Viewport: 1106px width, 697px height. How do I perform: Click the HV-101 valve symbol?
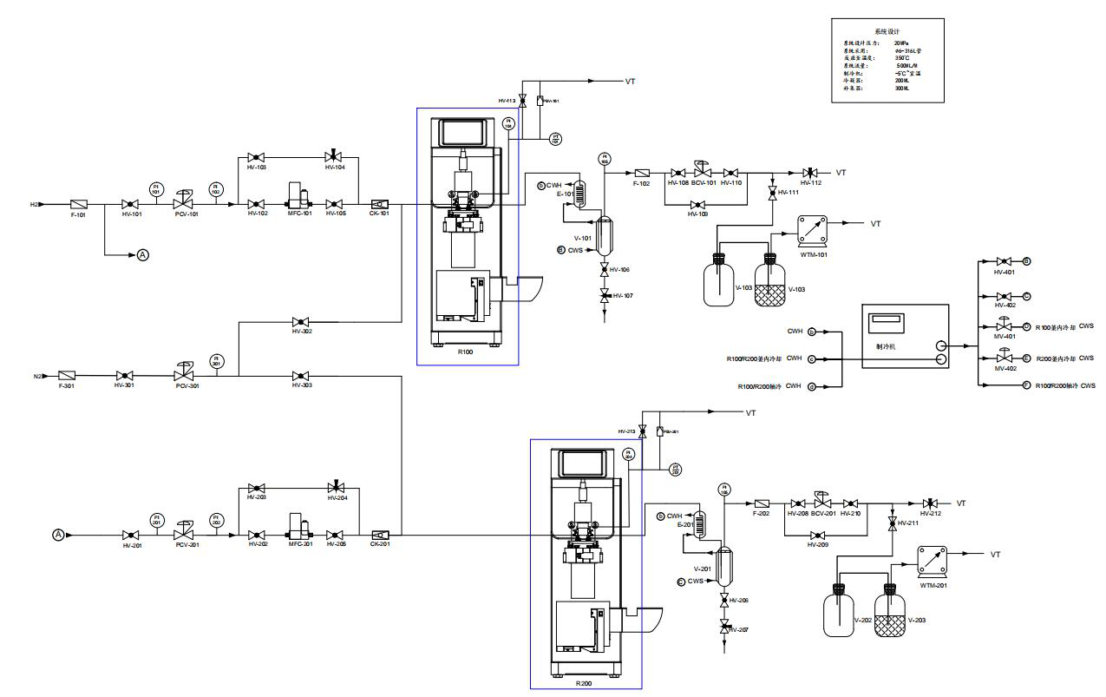click(130, 204)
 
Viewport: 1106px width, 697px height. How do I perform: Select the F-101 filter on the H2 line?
click(77, 204)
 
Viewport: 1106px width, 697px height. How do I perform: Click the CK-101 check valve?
click(379, 204)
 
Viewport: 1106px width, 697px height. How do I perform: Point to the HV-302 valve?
click(301, 321)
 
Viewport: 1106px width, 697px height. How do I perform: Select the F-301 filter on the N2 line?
click(66, 375)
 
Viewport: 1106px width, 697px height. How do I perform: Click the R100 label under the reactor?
click(466, 353)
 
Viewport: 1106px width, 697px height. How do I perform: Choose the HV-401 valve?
click(1003, 260)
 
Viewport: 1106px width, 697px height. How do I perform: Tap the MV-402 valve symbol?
click(1004, 357)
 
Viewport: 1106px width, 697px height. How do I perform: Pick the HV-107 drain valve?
click(605, 297)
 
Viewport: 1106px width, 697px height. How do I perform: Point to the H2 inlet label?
click(35, 205)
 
